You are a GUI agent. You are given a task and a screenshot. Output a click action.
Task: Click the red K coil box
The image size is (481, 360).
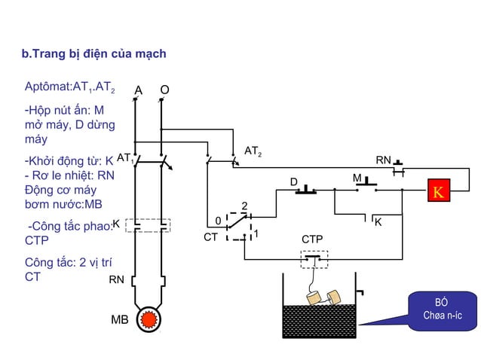tap(439, 191)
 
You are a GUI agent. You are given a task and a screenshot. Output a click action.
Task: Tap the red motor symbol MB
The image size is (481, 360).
tap(149, 319)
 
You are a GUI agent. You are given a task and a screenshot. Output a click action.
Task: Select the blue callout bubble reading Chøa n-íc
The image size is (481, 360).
tap(442, 311)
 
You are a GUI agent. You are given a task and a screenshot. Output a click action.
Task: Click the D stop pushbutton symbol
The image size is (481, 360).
tap(306, 190)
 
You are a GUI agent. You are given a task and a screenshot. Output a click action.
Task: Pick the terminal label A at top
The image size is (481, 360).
tap(139, 90)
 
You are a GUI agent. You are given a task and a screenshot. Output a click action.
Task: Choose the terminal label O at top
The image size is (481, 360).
tap(164, 90)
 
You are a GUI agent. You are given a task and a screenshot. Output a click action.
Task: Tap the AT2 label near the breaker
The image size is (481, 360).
tap(253, 151)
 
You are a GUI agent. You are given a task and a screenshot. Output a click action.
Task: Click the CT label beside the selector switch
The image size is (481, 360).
tap(211, 237)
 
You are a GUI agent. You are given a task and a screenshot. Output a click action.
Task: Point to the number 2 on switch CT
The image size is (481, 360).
tap(244, 206)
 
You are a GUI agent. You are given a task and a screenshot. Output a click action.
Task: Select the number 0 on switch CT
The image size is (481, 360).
tap(218, 221)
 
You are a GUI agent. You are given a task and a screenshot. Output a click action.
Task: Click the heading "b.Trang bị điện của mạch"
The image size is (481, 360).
tap(94, 53)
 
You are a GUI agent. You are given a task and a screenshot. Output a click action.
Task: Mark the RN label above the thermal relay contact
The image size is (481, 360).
tap(384, 160)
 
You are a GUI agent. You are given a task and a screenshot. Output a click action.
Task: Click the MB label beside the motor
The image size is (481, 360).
tap(120, 319)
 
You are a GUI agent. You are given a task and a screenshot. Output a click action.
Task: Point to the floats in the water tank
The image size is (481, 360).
tap(323, 297)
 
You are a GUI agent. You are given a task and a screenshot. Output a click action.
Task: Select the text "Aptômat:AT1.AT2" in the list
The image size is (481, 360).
tap(70, 87)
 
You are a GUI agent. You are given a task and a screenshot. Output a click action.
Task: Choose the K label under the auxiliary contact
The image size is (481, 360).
tap(378, 222)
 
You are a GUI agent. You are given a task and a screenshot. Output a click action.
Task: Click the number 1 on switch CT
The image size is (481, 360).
tap(256, 234)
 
